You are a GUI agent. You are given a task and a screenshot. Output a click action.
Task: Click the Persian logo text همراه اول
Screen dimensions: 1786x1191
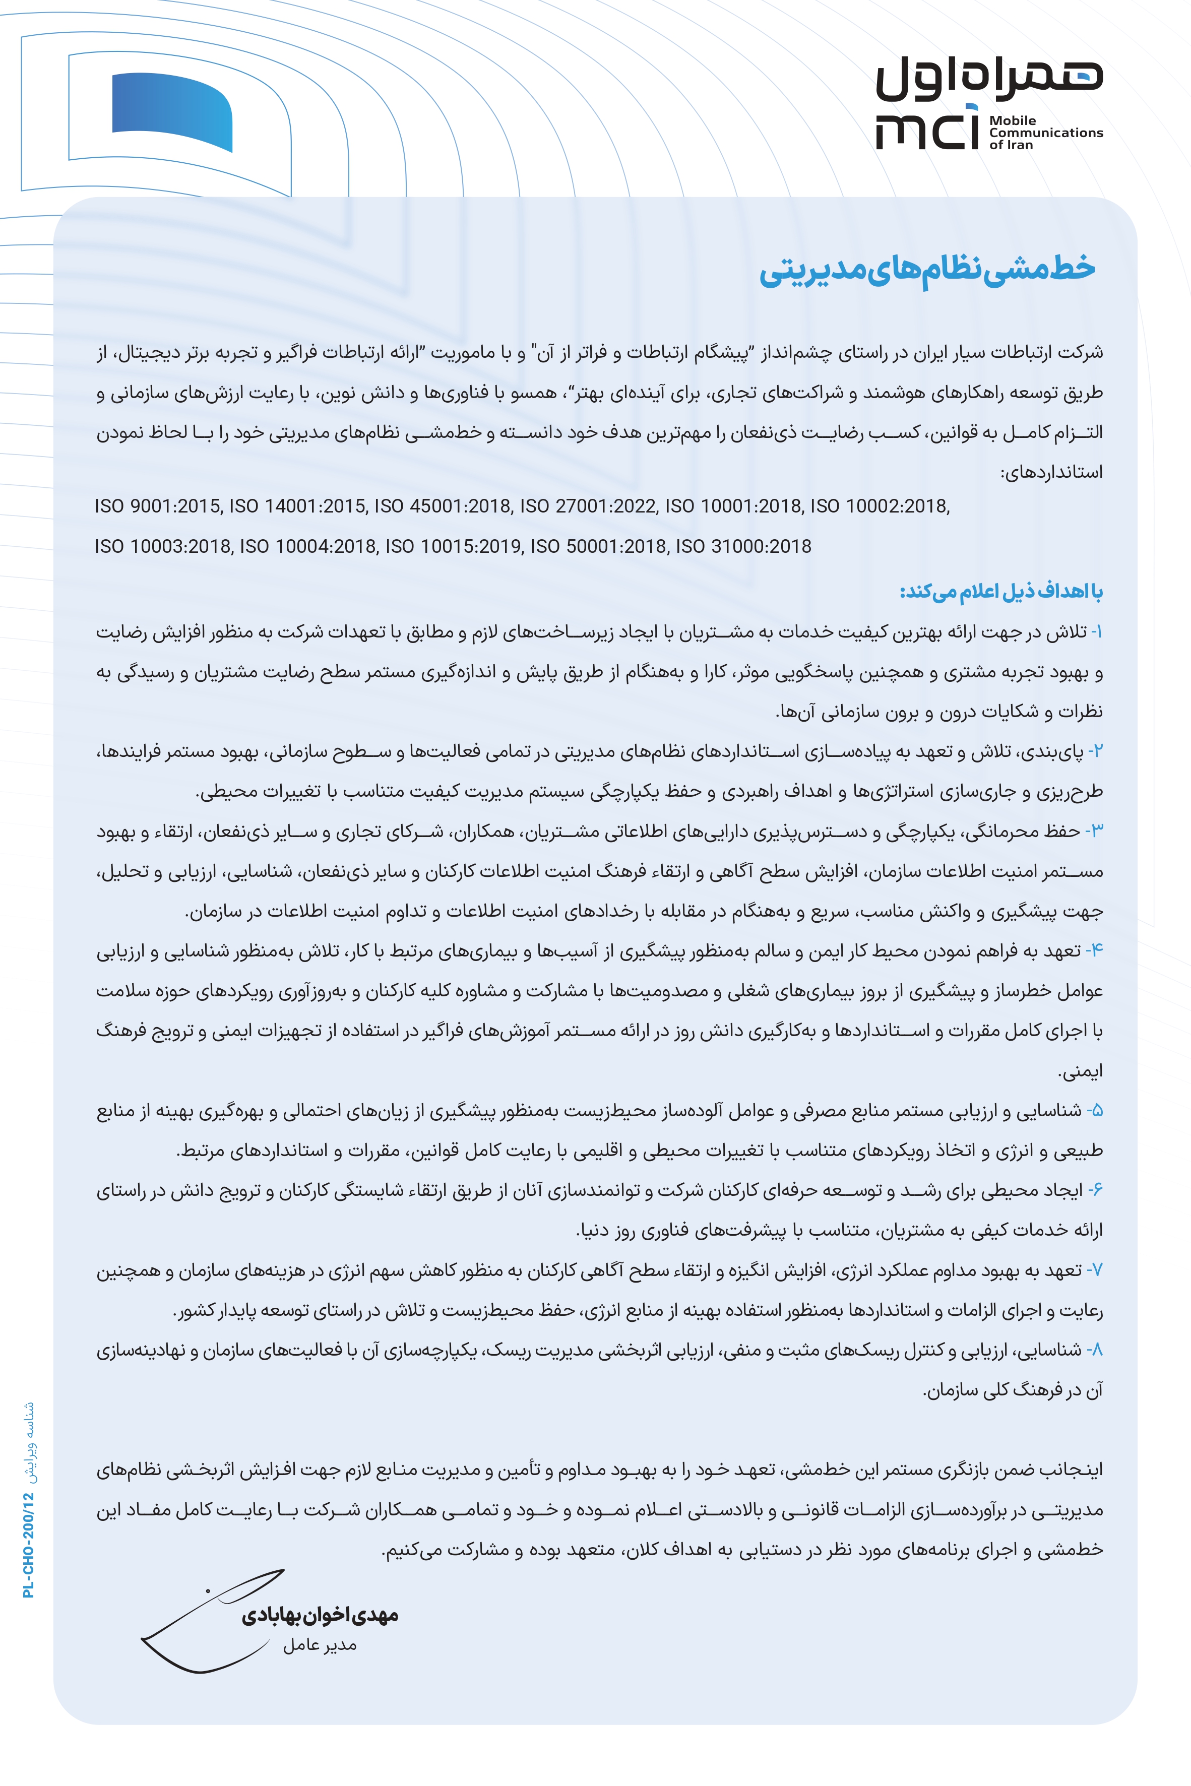click(x=989, y=78)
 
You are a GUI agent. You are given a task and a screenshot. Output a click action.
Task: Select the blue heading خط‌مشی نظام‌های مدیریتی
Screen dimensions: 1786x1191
click(x=927, y=270)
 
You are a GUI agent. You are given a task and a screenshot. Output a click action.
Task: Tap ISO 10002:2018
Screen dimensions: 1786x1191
click(x=880, y=506)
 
